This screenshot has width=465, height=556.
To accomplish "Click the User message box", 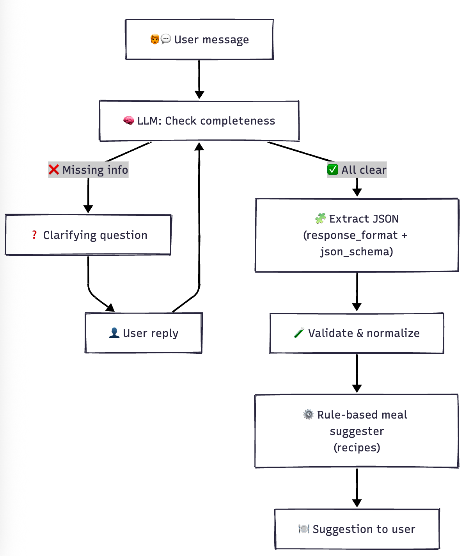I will click(199, 39).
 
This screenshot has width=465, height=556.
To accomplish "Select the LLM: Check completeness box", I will click(199, 121).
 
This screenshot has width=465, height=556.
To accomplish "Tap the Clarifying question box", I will click(88, 235).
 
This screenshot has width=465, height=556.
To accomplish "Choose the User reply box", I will click(144, 333).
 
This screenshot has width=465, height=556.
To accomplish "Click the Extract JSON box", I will click(357, 235).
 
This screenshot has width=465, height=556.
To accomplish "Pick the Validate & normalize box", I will click(357, 333).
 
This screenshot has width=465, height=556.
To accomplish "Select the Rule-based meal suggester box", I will click(357, 431).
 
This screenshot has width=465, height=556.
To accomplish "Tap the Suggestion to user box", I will click(357, 529).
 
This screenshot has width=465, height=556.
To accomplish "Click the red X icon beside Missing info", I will click(54, 170).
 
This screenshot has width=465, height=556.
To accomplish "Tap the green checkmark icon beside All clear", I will click(333, 170).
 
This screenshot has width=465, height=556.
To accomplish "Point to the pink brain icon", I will click(129, 121).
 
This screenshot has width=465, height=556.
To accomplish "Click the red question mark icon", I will click(34, 235).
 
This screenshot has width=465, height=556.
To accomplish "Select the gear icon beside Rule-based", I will click(308, 414).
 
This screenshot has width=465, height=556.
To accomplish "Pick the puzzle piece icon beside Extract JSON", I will click(320, 218).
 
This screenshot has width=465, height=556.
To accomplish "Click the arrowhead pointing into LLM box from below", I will click(199, 146).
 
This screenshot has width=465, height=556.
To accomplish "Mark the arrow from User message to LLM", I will click(199, 80).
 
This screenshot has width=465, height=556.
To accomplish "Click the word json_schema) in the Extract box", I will click(357, 251).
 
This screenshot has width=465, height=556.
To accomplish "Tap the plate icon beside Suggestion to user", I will click(303, 529).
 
